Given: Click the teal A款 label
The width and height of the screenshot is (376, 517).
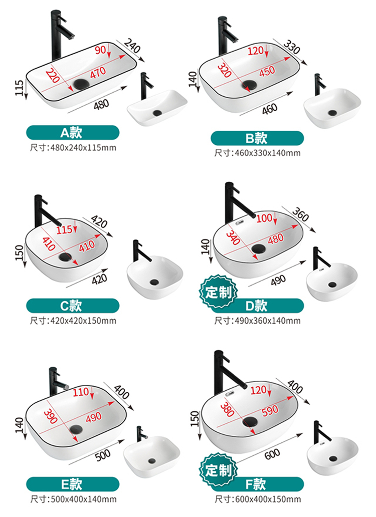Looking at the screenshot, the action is coord(73,133).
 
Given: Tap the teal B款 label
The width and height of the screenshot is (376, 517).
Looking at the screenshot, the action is coord(257,138).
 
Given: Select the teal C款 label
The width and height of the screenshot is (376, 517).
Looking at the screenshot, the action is coord(73,306).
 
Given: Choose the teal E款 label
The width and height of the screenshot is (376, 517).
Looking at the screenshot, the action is coord(73,484).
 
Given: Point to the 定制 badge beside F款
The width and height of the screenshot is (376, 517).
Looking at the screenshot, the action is coord(218,470).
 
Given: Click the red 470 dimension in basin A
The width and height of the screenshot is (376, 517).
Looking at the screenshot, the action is coord(98,73).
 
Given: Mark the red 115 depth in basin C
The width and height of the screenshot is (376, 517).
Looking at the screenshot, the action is coord(64,229).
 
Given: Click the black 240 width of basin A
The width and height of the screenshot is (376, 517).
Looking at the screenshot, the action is coord(132,46).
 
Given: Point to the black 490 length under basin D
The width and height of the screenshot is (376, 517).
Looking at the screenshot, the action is coord(278,281).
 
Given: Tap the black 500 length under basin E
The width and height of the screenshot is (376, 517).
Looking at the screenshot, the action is coord(103,456).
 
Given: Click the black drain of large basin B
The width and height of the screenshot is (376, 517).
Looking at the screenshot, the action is coord(249,85).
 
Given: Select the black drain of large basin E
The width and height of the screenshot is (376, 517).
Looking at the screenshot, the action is coord(77,429).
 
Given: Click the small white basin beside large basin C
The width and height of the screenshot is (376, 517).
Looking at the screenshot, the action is coord(155,277).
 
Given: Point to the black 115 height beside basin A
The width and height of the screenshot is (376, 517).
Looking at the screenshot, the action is coord(20,88).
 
